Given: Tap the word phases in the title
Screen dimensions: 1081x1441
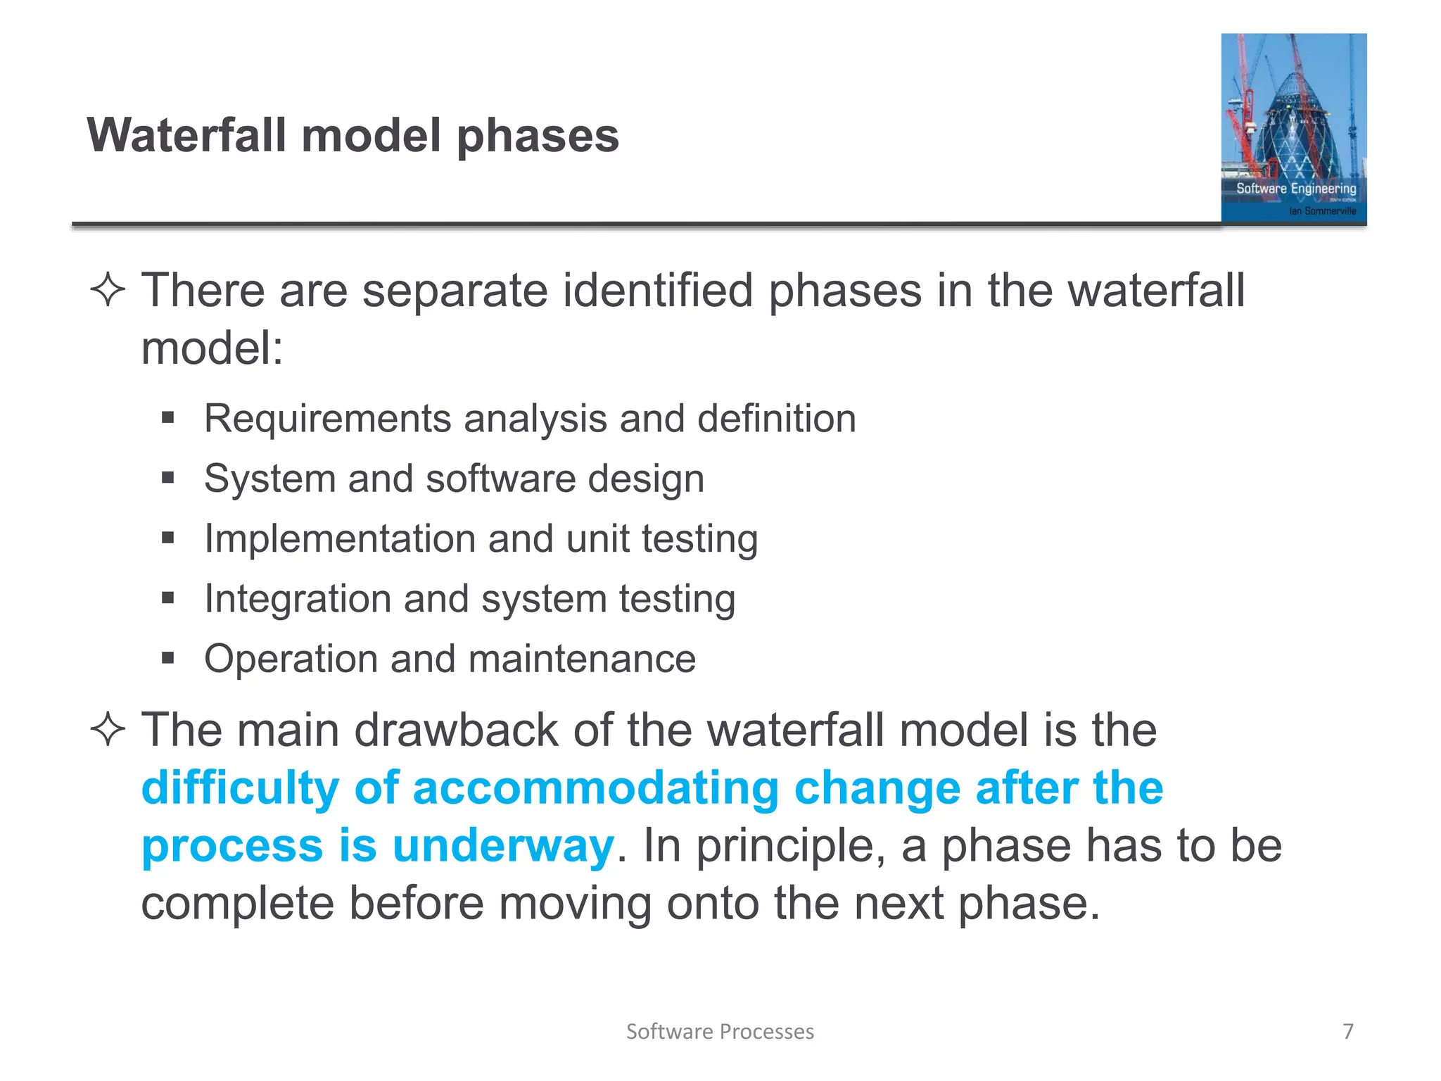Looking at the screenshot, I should click(x=538, y=137).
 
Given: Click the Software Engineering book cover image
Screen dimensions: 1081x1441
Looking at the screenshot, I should click(x=1293, y=128).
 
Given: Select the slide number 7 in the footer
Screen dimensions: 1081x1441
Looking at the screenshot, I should click(x=1347, y=1031).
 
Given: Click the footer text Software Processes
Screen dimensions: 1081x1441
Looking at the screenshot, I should click(x=720, y=1032).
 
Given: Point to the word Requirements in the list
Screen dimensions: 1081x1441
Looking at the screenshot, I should click(x=328, y=419).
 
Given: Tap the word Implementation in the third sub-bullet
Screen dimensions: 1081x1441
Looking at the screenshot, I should click(x=341, y=539).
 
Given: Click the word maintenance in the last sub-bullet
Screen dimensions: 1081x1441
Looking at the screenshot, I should click(x=582, y=659).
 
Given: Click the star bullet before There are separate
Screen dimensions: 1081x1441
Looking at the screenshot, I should click(x=108, y=290).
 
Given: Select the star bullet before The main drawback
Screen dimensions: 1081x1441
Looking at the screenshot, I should click(x=108, y=729).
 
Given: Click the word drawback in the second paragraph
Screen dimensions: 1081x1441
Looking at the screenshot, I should click(x=456, y=730).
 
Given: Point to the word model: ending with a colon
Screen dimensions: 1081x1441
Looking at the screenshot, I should click(x=212, y=348).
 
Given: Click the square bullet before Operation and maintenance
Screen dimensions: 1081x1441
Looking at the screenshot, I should click(x=167, y=659).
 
